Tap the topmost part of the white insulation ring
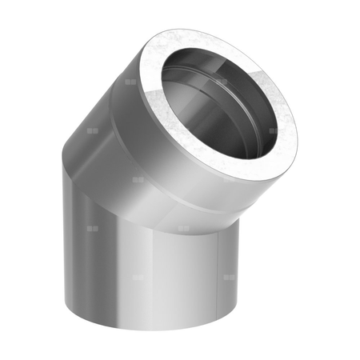point(200,32)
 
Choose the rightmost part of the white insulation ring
point(294,128)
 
